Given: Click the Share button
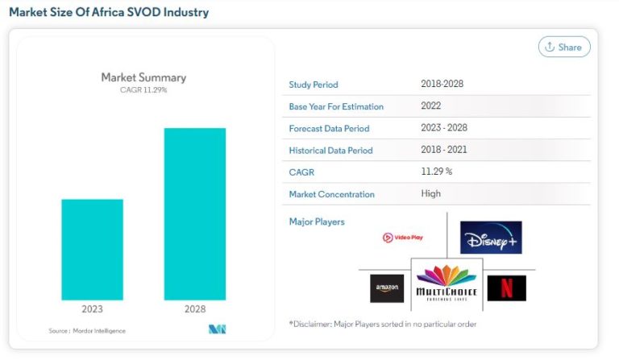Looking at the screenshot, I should tap(564, 47).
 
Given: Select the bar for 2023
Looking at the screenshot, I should tap(92, 249).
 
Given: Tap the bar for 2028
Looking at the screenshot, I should tap(194, 213).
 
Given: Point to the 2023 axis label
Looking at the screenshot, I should tap(92, 308).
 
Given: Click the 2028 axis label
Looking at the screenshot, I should tap(194, 308).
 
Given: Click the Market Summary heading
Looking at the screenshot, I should tap(143, 77).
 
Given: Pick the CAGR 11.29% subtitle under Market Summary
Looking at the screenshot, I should tap(143, 89).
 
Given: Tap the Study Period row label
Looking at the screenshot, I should tap(314, 85).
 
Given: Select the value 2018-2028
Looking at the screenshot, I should tap(442, 84).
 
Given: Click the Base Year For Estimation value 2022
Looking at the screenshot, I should tap(430, 106).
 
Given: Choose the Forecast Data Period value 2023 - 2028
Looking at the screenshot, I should tap(444, 127).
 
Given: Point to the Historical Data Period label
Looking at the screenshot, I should tap(330, 151).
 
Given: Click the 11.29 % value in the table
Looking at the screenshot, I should tap(436, 172).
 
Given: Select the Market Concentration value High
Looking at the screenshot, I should tap(430, 193).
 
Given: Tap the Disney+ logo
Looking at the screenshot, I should tap(491, 238).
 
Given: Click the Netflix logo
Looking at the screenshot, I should tap(506, 288).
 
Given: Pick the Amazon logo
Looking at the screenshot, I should tap(387, 288).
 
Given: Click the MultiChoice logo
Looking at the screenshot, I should tap(447, 283).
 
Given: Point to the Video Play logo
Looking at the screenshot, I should tap(402, 238).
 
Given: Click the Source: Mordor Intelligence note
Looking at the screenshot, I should tap(87, 331).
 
